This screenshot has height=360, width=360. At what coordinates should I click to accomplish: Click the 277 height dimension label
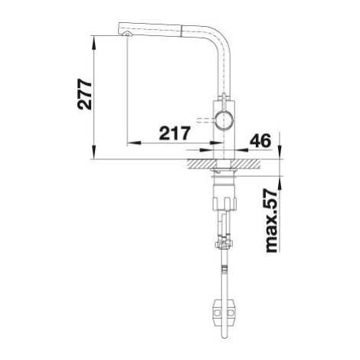[x=84, y=95]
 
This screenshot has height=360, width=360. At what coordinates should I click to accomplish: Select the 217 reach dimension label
[x=175, y=133]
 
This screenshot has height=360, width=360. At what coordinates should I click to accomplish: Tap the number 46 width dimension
[x=260, y=141]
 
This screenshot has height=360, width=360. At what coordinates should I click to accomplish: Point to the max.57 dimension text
[x=271, y=221]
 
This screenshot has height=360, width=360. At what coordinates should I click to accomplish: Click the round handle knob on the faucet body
[x=224, y=120]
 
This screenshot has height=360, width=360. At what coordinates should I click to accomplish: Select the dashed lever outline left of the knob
[x=206, y=120]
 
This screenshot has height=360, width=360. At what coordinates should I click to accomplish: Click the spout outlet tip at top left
[x=127, y=34]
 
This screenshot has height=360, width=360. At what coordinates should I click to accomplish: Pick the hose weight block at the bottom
[x=224, y=313]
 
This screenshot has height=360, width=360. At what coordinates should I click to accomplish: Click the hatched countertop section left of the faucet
[x=201, y=164]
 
